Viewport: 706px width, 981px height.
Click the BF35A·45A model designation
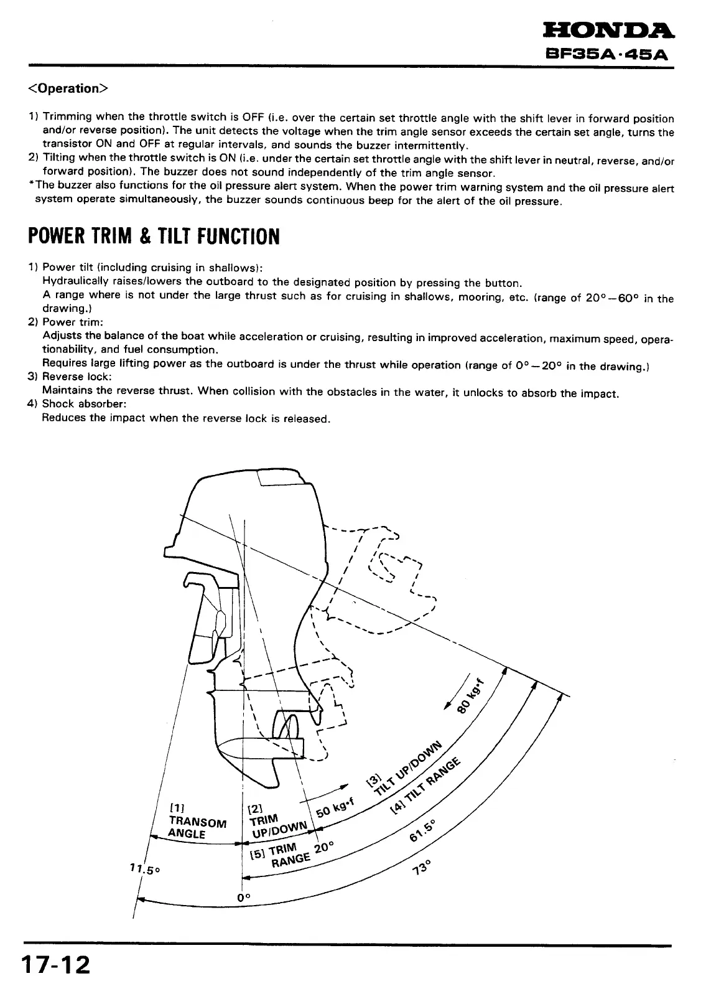coord(608,54)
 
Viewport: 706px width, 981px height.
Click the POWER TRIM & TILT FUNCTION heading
coord(154,237)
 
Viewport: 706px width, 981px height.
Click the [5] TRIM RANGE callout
coord(283,856)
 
